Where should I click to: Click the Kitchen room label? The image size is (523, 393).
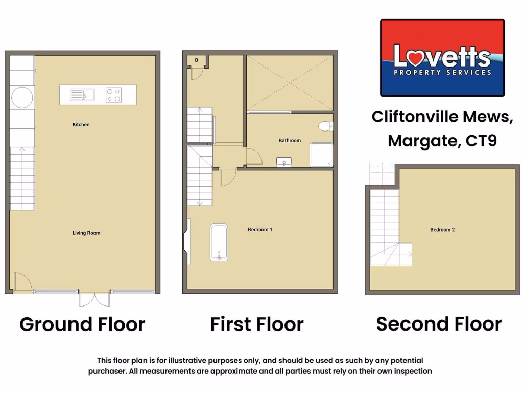click(x=81, y=125)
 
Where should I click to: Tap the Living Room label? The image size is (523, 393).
click(x=86, y=233)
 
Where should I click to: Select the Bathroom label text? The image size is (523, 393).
click(x=290, y=140)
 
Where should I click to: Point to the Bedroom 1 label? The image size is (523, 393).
click(x=260, y=230)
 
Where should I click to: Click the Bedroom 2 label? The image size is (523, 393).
click(x=442, y=230)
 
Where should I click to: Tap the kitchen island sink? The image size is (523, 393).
click(x=82, y=95)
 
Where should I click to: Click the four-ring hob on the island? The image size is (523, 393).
click(x=113, y=95)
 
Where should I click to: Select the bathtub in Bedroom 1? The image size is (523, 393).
click(x=219, y=243)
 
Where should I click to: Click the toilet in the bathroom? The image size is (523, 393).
click(x=325, y=126)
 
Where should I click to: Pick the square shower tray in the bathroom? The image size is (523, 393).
click(x=321, y=155)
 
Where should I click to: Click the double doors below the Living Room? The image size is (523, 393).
click(x=94, y=299)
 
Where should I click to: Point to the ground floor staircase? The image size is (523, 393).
click(x=22, y=178)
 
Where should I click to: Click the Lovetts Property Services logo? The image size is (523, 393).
click(x=442, y=58)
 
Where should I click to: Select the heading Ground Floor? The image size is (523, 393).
click(x=82, y=324)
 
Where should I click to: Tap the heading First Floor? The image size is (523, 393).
click(x=257, y=324)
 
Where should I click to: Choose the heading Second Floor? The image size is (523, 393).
click(x=439, y=323)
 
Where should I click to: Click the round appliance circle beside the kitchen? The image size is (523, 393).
click(x=22, y=97)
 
